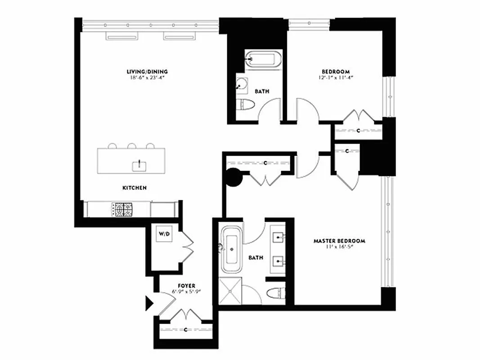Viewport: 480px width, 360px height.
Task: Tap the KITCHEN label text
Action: [135, 188]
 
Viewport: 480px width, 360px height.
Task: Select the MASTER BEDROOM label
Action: [339, 241]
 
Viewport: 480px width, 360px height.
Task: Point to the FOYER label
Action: [186, 285]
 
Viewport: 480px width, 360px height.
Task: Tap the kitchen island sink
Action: [139, 166]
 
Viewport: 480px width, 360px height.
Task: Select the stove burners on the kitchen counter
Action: [123, 209]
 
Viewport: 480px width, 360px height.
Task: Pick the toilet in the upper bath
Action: [246, 105]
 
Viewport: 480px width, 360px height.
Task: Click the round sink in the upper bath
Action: [243, 84]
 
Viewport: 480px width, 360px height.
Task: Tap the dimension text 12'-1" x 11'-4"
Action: [336, 77]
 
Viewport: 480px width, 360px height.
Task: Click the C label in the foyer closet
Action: [186, 330]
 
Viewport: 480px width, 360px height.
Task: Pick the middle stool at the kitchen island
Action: [132, 146]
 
